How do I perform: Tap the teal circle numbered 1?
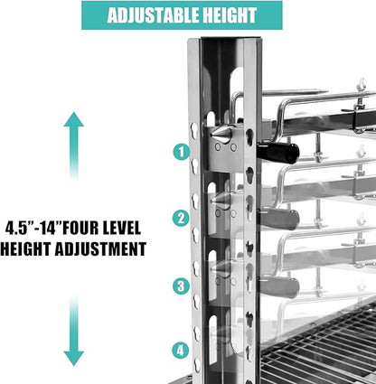(x=181, y=152)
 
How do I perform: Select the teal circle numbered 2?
(x=181, y=218)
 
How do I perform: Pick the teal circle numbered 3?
(x=181, y=286)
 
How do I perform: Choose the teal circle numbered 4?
(x=180, y=351)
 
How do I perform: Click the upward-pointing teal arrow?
(x=74, y=146)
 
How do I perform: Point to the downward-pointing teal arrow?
(x=74, y=331)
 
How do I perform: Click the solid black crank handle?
(x=277, y=153)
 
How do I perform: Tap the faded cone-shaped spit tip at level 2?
(x=221, y=201)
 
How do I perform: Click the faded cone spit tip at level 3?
(x=221, y=269)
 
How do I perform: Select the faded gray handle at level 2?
(x=279, y=219)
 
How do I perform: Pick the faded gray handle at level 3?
(x=279, y=287)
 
